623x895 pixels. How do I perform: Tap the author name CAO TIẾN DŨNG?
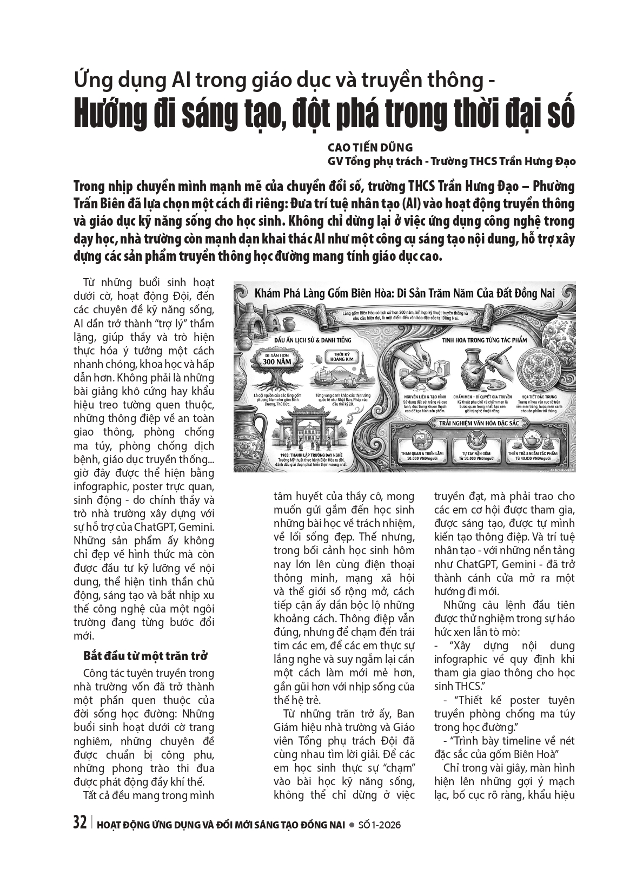pos(370,147)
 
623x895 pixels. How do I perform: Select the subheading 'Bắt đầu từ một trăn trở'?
pos(145,655)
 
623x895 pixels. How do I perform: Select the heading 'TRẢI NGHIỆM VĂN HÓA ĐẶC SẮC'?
pos(474,422)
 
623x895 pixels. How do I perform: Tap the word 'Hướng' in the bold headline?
pos(108,114)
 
